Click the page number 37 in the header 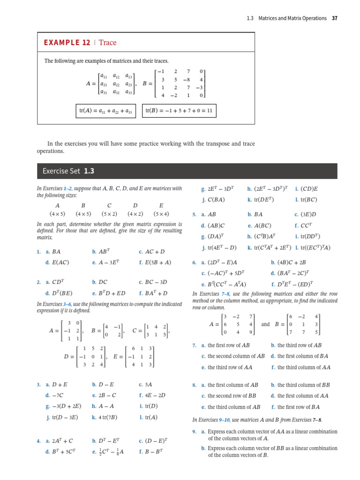pyautogui.click(x=334, y=18)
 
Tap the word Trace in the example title pyautogui.click(x=108, y=43)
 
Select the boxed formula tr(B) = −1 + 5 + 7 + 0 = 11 pyautogui.click(x=179, y=111)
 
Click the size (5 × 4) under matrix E pyautogui.click(x=161, y=213)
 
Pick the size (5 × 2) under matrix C pyautogui.click(x=109, y=213)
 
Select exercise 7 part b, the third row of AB pyautogui.click(x=296, y=345)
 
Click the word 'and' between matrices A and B pyautogui.click(x=265, y=324)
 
